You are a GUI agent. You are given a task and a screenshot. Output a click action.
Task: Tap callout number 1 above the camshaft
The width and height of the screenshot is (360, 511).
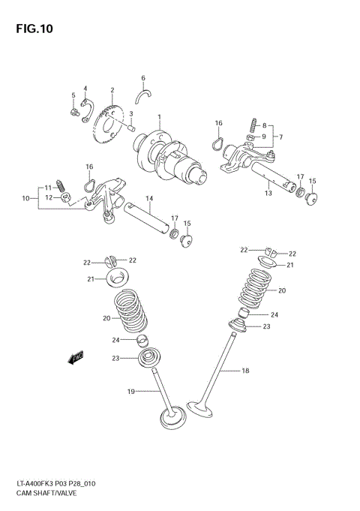[x=159, y=116]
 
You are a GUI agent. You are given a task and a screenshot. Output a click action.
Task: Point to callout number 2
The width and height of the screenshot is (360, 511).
[x=112, y=90]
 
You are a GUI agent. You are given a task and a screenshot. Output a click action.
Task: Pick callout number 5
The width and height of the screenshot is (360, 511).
[x=73, y=95]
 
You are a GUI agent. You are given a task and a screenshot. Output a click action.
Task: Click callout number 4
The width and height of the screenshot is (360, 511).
[x=85, y=88]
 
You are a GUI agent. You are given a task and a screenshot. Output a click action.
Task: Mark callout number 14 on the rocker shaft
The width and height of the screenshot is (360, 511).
[x=149, y=199]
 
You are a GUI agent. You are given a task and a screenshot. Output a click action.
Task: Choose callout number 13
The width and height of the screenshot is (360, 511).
[x=268, y=192]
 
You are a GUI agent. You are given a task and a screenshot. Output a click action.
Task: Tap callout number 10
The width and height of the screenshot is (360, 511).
[x=25, y=198]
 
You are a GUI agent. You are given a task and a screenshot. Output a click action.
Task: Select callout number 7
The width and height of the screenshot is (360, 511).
[x=280, y=137]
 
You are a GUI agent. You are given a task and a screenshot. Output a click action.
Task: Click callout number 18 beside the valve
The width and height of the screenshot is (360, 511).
[x=244, y=371]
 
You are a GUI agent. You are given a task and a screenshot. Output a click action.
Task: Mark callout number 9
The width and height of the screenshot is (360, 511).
[x=264, y=137]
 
